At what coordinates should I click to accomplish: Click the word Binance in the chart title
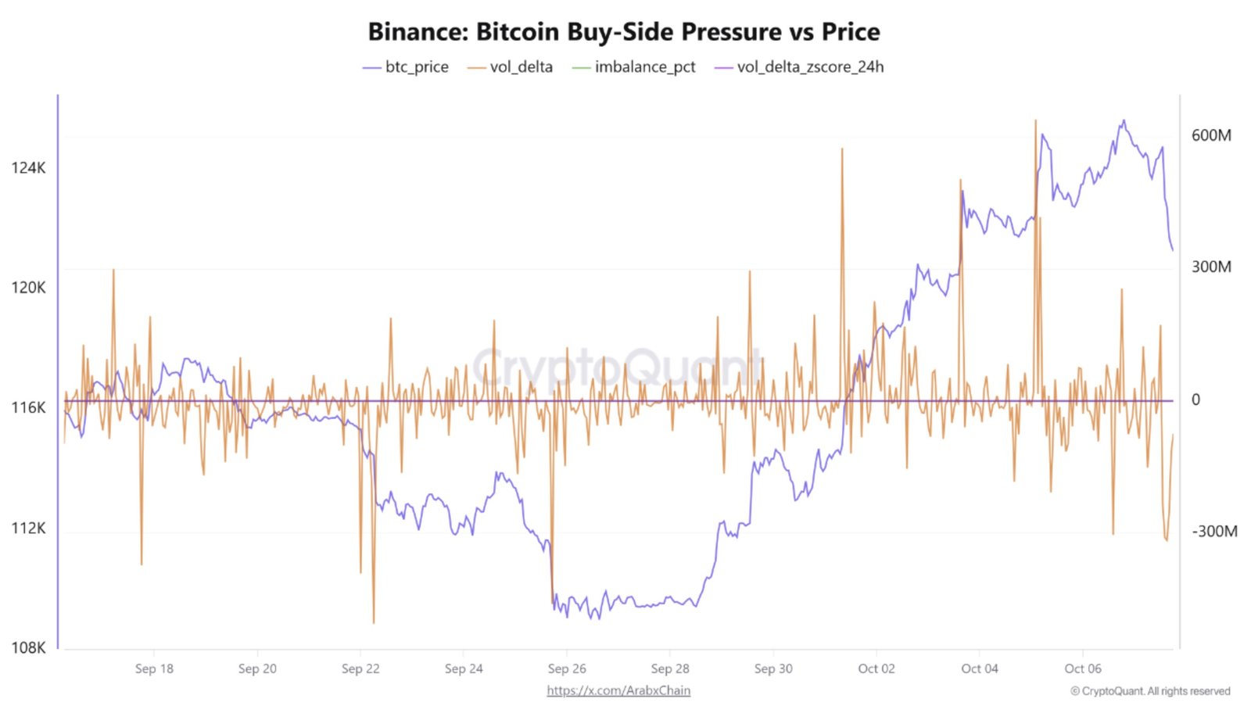click(x=418, y=32)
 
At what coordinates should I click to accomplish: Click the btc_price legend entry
click(x=416, y=67)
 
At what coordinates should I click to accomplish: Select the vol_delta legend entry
click(x=521, y=67)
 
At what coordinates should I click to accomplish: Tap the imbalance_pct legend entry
click(x=644, y=67)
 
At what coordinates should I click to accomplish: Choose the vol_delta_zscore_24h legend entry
click(x=810, y=67)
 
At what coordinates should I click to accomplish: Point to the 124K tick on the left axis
click(x=28, y=168)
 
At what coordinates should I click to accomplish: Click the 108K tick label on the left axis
click(x=28, y=647)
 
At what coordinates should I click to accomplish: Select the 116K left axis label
click(x=28, y=407)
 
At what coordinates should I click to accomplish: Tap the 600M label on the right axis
click(x=1210, y=135)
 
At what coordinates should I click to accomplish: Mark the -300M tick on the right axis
click(x=1213, y=532)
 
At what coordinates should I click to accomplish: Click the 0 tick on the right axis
click(x=1195, y=400)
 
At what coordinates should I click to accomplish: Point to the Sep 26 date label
click(x=567, y=668)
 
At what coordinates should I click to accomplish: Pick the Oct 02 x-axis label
click(x=876, y=668)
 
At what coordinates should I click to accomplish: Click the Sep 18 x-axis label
click(x=154, y=668)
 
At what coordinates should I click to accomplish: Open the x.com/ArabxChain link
click(x=618, y=690)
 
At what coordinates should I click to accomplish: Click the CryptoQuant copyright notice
click(x=1149, y=691)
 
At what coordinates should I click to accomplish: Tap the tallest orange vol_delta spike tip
click(x=1035, y=120)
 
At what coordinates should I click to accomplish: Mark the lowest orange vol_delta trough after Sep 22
click(x=374, y=623)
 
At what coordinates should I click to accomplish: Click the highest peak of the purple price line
click(x=1124, y=120)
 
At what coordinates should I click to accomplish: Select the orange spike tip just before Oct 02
click(x=842, y=149)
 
